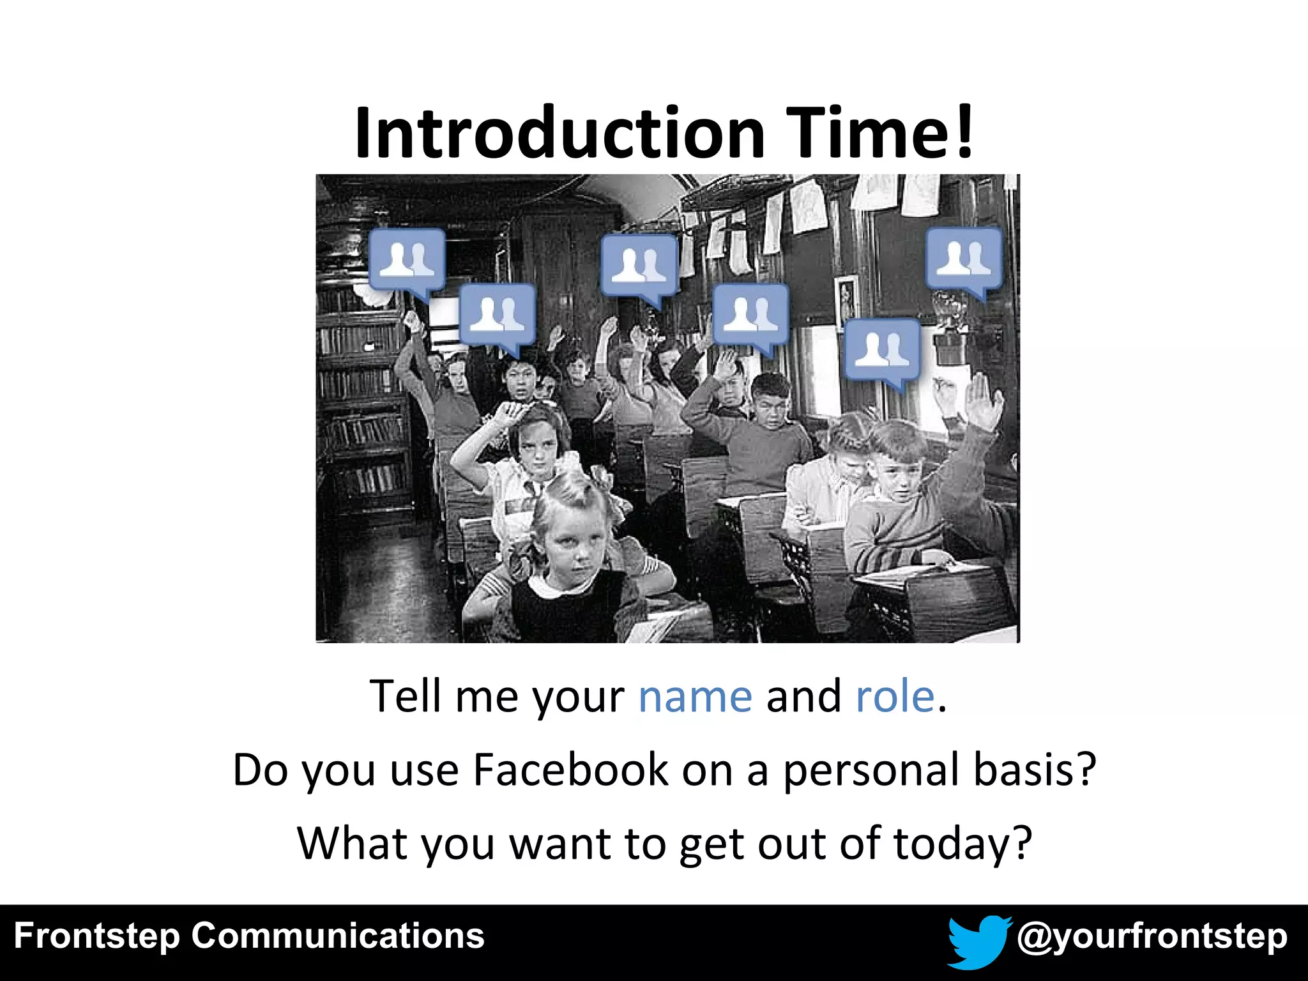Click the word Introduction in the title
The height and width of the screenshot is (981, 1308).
click(560, 133)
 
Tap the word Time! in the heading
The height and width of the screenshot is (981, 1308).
click(879, 133)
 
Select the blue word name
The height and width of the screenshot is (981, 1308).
click(695, 696)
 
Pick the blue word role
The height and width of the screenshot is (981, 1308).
click(895, 696)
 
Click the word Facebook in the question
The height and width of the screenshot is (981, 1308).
click(570, 770)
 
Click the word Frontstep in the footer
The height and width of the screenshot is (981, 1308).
click(96, 937)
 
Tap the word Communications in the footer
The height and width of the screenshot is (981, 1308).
click(338, 936)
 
